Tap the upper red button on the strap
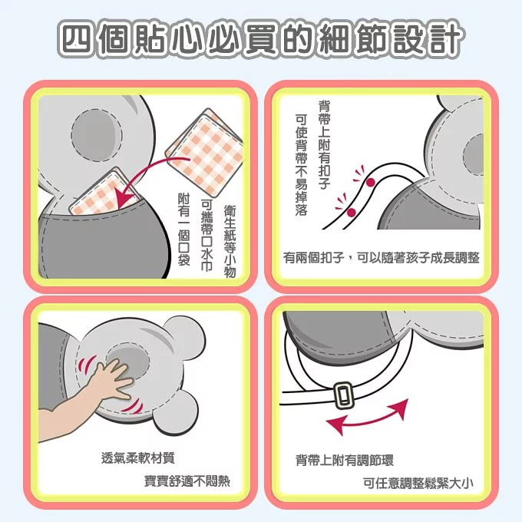click(369, 183)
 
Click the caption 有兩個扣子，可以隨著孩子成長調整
click(381, 258)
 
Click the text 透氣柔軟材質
click(138, 458)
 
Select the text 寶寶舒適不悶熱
click(187, 482)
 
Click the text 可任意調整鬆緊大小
click(417, 483)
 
